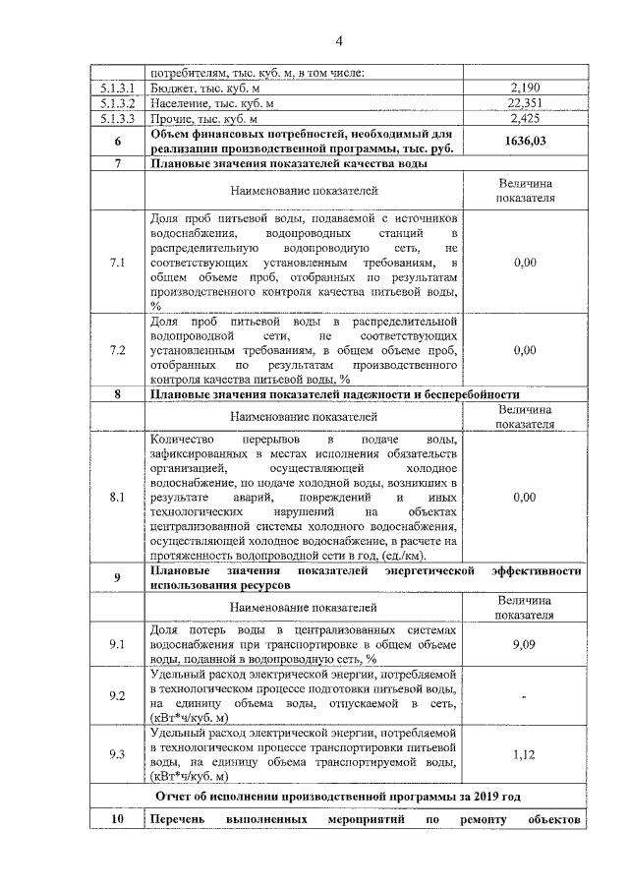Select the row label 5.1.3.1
coord(117,89)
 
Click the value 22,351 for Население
coord(526,103)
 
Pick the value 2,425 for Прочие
coord(526,118)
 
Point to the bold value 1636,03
coord(526,141)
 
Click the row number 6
coord(117,141)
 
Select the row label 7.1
coord(117,264)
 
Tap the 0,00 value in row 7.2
coord(526,350)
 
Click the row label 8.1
coord(117,498)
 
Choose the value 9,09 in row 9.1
coord(526,644)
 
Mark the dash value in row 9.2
coord(526,697)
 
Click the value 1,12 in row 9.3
coord(526,753)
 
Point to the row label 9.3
coord(117,753)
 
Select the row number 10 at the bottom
coord(117,819)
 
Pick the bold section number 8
coord(117,394)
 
